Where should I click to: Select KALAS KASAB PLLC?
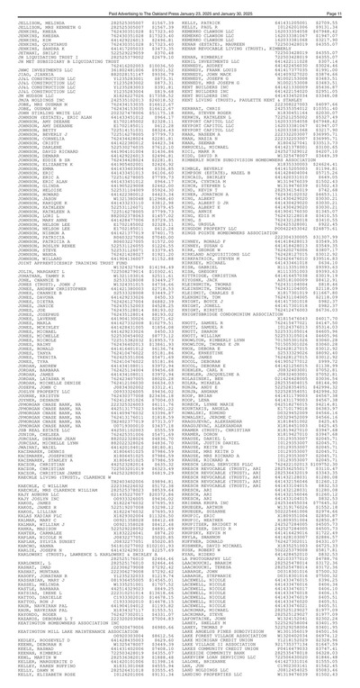[x=32, y=500]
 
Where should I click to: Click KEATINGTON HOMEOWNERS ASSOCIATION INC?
[x=67, y=645]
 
